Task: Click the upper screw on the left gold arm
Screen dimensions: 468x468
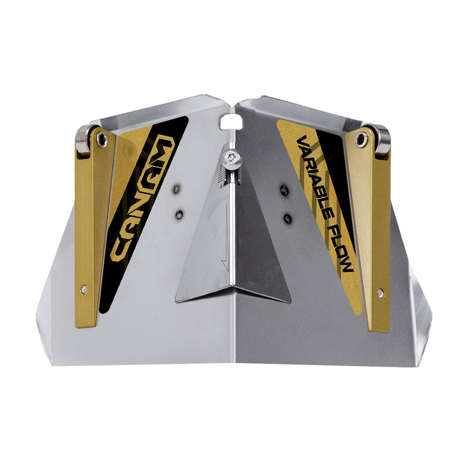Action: click(x=101, y=138)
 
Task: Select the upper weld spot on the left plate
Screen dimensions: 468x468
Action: click(x=177, y=189)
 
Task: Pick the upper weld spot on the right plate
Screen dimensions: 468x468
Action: click(x=284, y=189)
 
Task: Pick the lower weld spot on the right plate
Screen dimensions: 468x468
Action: click(x=287, y=219)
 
